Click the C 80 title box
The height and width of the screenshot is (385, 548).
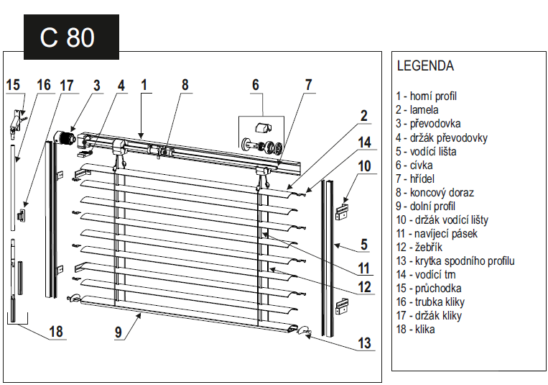click(x=71, y=37)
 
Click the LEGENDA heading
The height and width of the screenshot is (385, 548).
click(x=425, y=66)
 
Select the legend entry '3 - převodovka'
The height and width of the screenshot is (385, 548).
click(x=428, y=124)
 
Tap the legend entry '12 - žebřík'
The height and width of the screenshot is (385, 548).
click(x=419, y=248)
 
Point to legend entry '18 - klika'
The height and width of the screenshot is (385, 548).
click(x=415, y=330)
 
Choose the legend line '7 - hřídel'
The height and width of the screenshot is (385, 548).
click(x=415, y=178)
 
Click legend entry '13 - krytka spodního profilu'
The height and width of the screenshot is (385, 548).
click(x=455, y=261)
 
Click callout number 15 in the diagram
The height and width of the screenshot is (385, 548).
click(x=13, y=85)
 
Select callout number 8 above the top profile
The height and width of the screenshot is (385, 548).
click(x=185, y=85)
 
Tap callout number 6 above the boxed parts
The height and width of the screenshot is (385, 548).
click(x=256, y=85)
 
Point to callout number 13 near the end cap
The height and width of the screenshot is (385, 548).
click(x=364, y=343)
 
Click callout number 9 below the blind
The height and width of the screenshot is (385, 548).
click(x=119, y=332)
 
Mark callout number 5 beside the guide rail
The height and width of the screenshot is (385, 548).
click(x=364, y=245)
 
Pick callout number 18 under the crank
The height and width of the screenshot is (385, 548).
click(x=56, y=332)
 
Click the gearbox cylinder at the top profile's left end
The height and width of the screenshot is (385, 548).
click(x=65, y=137)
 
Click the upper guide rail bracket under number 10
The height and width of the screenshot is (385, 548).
click(x=342, y=212)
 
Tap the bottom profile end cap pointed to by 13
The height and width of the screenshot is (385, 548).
click(x=305, y=330)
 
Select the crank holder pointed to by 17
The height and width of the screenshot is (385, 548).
click(x=22, y=215)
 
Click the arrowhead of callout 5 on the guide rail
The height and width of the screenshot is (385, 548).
click(x=337, y=245)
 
